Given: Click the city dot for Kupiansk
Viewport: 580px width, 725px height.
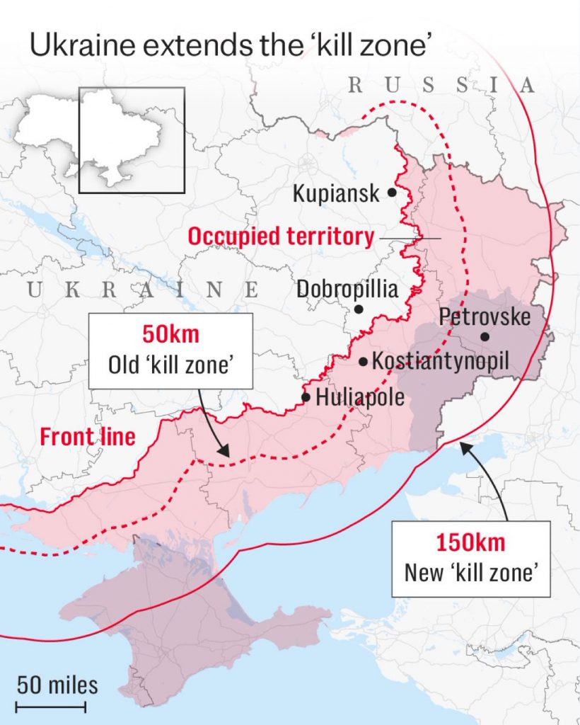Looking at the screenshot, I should coord(391,192).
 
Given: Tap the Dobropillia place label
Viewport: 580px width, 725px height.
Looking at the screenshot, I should coord(347,289).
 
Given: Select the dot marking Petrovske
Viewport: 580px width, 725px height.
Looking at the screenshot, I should coord(485,336).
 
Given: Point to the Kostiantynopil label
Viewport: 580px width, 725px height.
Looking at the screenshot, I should coord(440,361).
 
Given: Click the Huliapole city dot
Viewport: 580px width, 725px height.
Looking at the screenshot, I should coord(306,397).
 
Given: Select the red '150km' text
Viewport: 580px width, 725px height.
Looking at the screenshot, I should coord(470,544).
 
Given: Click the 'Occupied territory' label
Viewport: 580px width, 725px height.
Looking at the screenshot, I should coord(280,236).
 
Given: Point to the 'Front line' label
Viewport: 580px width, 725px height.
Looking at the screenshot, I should coord(88,436).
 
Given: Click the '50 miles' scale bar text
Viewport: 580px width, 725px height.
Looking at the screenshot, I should coord(57,685).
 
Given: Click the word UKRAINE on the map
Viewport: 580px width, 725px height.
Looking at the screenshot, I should coord(141,289).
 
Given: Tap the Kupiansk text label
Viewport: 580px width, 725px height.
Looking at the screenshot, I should coord(336,193).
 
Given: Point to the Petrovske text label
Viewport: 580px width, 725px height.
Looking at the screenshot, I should coord(485,316).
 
